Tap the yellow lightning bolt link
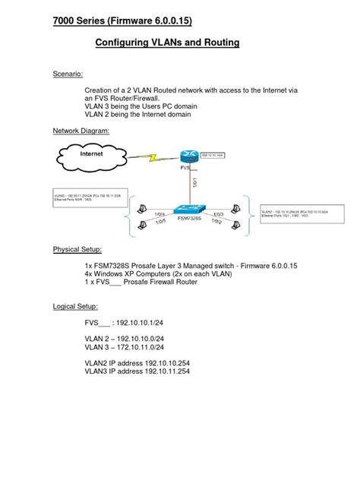click(x=156, y=159)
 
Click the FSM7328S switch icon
click(x=188, y=209)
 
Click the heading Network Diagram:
click(x=81, y=131)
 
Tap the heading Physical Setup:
click(x=77, y=249)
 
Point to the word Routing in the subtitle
click(x=219, y=43)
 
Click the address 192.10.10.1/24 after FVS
click(x=145, y=322)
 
